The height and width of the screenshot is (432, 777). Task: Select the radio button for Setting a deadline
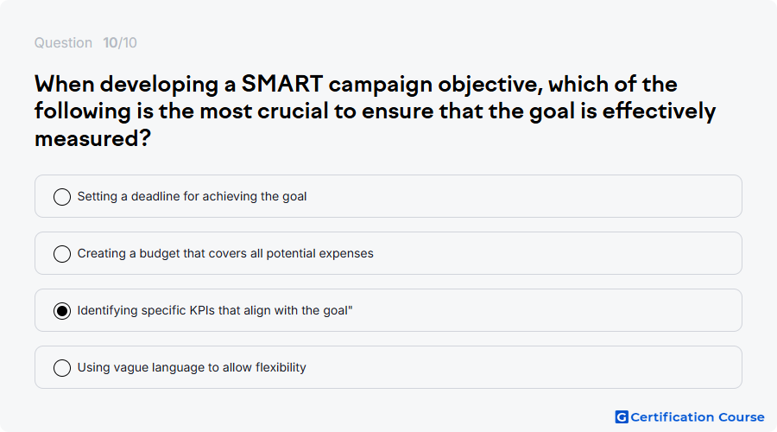point(62,197)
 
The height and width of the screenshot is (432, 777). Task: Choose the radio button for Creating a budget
point(62,254)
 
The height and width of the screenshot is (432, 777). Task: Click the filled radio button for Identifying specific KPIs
point(62,311)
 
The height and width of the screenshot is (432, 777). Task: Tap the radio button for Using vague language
point(62,368)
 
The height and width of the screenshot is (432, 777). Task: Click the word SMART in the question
point(282,84)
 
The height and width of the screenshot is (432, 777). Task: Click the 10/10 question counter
point(120,42)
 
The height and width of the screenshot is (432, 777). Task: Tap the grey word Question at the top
point(63,43)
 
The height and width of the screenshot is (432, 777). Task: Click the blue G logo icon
point(622,417)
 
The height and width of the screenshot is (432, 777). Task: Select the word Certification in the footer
point(672,417)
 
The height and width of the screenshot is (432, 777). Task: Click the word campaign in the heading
point(380,85)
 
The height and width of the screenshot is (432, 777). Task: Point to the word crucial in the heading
point(293,111)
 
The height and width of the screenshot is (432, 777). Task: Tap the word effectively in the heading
point(659,111)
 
